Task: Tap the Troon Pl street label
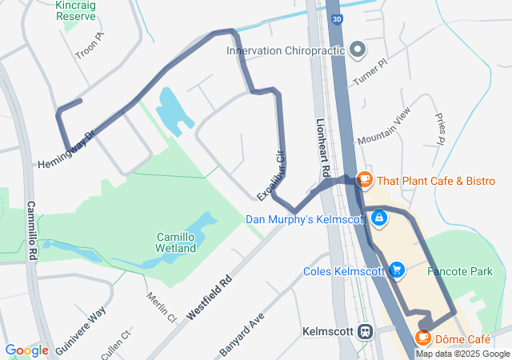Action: tap(90, 46)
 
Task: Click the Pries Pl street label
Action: tap(440, 128)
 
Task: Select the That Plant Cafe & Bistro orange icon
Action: tap(365, 179)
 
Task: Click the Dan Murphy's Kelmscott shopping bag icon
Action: tap(377, 218)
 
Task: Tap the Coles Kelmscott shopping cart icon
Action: tap(397, 270)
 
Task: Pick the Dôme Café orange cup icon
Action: tap(423, 338)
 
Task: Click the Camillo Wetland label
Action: tap(176, 242)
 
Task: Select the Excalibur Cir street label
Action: tap(271, 176)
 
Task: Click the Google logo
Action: tap(26, 350)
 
